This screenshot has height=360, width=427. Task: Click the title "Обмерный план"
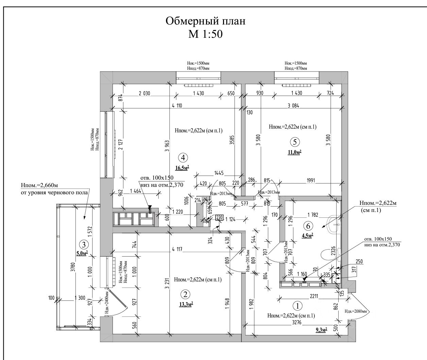(x=205, y=21)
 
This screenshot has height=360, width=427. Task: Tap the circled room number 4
(x=183, y=158)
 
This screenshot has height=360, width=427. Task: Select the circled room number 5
(x=295, y=141)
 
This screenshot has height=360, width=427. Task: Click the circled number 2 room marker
(x=185, y=294)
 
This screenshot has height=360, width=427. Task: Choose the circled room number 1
(x=297, y=306)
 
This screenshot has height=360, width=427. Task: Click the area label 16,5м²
(x=182, y=168)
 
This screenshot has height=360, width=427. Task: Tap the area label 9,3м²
(x=321, y=329)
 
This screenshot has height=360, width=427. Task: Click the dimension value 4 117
(x=177, y=249)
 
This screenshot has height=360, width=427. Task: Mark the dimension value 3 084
(x=293, y=105)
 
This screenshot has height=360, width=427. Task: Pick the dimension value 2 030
(x=144, y=93)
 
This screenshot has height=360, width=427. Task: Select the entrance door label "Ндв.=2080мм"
(x=357, y=311)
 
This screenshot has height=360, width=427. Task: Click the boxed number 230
(x=219, y=218)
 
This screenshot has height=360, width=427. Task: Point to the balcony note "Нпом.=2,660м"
(x=39, y=185)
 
